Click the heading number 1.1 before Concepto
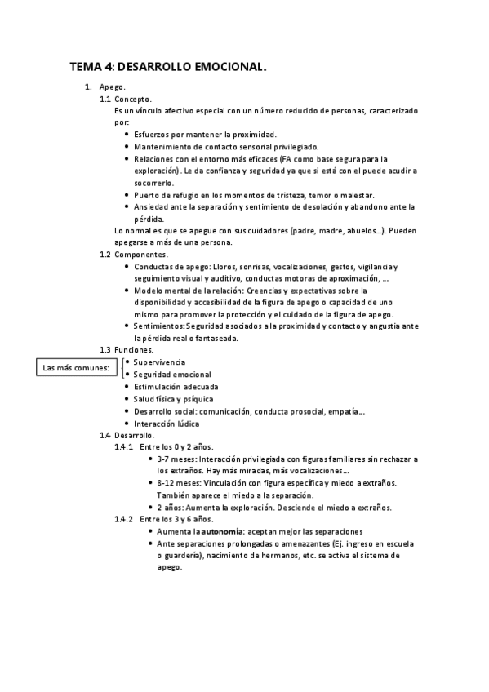click(x=105, y=99)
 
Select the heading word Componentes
click(x=141, y=255)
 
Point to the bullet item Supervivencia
click(x=160, y=362)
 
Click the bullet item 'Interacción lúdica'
click(x=167, y=424)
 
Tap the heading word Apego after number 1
click(x=112, y=86)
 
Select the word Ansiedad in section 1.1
click(x=152, y=207)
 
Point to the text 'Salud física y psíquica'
click(x=174, y=398)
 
